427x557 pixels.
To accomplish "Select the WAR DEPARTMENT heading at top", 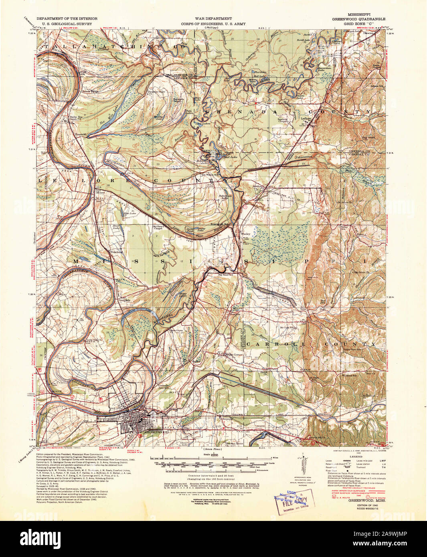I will pyautogui.click(x=213, y=19).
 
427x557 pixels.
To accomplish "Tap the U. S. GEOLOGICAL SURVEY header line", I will pyautogui.click(x=64, y=24).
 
